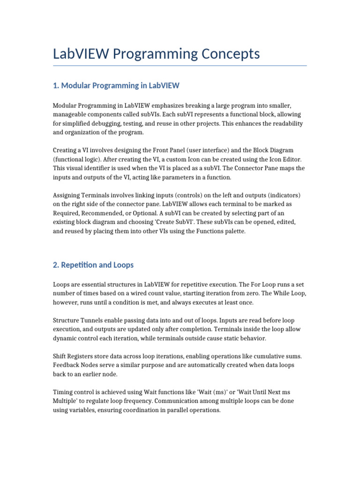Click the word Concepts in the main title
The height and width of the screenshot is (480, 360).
pyautogui.click(x=230, y=54)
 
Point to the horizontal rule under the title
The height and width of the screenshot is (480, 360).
pyautogui.click(x=180, y=66)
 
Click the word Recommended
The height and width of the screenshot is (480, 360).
pyautogui.click(x=97, y=213)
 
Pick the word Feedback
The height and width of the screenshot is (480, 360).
pyautogui.click(x=67, y=365)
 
